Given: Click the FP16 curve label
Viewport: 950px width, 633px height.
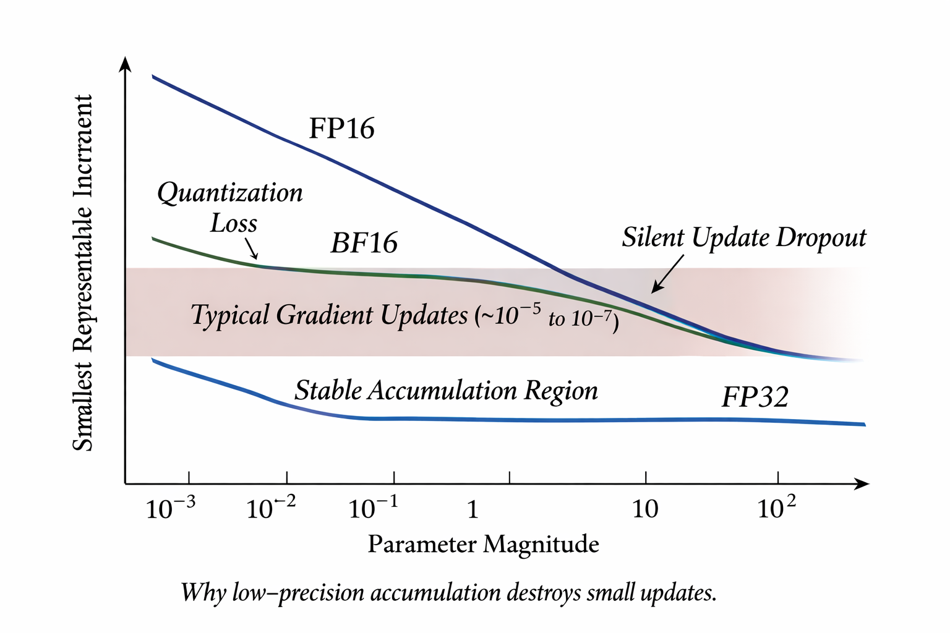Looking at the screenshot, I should [341, 129].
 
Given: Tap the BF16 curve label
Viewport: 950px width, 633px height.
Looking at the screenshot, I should [364, 243].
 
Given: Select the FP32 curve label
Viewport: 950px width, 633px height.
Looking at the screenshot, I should [755, 396].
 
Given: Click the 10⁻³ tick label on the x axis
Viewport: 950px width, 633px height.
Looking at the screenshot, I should [170, 509].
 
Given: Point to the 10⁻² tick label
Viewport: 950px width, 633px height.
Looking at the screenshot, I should [271, 509].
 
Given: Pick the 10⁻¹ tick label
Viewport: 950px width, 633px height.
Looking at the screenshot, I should [373, 509].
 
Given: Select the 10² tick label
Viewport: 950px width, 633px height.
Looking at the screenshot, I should [776, 509].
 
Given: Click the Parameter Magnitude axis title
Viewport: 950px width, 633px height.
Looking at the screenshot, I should [483, 545].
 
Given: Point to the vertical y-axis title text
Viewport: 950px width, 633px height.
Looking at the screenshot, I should [83, 273].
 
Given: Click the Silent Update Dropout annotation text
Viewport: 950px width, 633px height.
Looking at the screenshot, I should [744, 237].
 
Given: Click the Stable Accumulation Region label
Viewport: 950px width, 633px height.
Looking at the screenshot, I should [446, 391].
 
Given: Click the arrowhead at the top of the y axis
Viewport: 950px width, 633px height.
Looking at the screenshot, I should [126, 64].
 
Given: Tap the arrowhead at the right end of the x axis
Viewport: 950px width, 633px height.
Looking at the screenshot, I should [862, 483].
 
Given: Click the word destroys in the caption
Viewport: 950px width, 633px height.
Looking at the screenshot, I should [544, 592].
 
